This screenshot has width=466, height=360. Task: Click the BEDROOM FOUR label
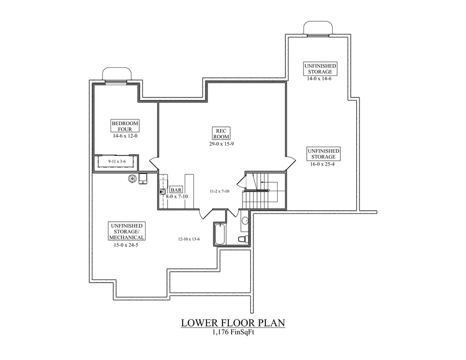(125, 126)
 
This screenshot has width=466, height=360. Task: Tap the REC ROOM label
(221, 133)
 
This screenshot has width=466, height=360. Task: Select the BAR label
(176, 190)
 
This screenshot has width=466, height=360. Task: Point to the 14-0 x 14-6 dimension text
(319, 79)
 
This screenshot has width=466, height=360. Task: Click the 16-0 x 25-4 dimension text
(323, 164)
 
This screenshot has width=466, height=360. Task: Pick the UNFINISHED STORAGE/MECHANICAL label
(127, 232)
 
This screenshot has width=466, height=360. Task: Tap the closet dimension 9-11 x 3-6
(117, 162)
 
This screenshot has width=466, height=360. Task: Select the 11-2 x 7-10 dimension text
(219, 191)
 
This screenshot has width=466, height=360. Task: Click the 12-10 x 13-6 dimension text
(189, 239)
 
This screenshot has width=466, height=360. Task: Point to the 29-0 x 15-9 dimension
(221, 144)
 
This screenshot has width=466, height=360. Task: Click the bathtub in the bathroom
(220, 233)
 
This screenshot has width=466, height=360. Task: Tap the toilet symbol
(244, 239)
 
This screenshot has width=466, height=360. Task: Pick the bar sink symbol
(162, 192)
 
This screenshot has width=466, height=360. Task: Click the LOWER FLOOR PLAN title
(233, 323)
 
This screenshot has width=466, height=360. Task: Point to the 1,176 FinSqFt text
(233, 332)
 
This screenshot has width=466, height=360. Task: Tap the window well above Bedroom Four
(117, 74)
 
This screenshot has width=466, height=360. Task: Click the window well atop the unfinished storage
(318, 28)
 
